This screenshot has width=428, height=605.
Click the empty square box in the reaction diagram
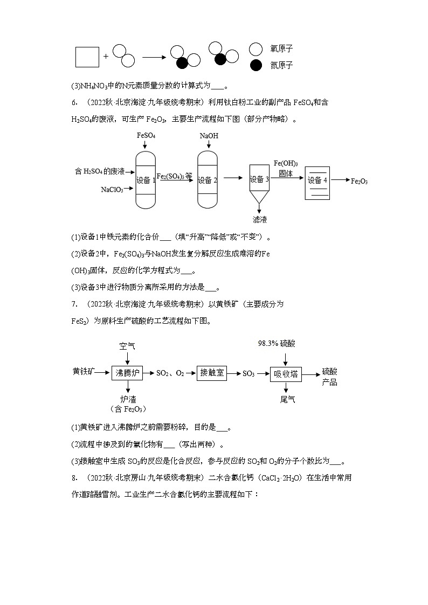point(87,57)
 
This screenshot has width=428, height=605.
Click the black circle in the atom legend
point(256,66)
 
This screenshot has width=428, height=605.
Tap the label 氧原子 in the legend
point(281,49)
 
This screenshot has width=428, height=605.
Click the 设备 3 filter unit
point(259,180)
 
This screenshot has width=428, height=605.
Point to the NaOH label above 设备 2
point(209,136)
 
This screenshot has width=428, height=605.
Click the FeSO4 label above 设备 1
point(146,136)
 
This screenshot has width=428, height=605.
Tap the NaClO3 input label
point(112,190)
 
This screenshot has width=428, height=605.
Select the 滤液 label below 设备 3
point(260,219)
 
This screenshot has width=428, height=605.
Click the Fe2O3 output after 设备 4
point(359,182)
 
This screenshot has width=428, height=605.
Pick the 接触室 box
point(212,372)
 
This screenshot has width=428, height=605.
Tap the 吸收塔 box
point(286,373)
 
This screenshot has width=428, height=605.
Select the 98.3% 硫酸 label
point(277,343)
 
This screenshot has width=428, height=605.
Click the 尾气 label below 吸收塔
point(287,399)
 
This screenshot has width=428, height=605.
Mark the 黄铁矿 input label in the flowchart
point(84,372)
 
